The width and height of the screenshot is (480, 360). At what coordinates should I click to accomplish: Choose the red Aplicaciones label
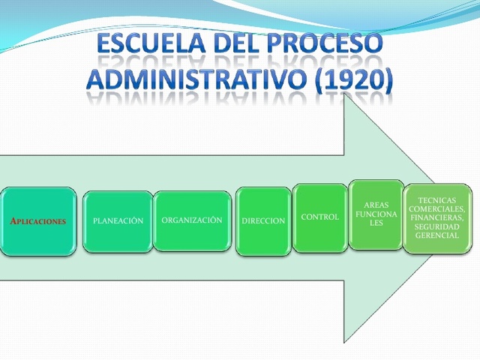click(37, 221)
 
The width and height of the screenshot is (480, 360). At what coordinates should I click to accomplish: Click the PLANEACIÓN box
click(118, 221)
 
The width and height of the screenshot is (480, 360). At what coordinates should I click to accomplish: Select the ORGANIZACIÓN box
click(192, 220)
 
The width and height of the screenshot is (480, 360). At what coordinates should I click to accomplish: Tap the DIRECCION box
click(263, 221)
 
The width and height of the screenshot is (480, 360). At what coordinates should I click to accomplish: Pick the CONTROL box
click(319, 217)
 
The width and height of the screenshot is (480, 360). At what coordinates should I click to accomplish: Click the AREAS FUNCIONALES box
click(376, 214)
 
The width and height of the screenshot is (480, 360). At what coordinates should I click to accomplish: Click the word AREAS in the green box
click(376, 204)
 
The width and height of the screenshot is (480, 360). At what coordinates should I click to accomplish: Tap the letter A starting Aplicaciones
click(13, 221)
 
